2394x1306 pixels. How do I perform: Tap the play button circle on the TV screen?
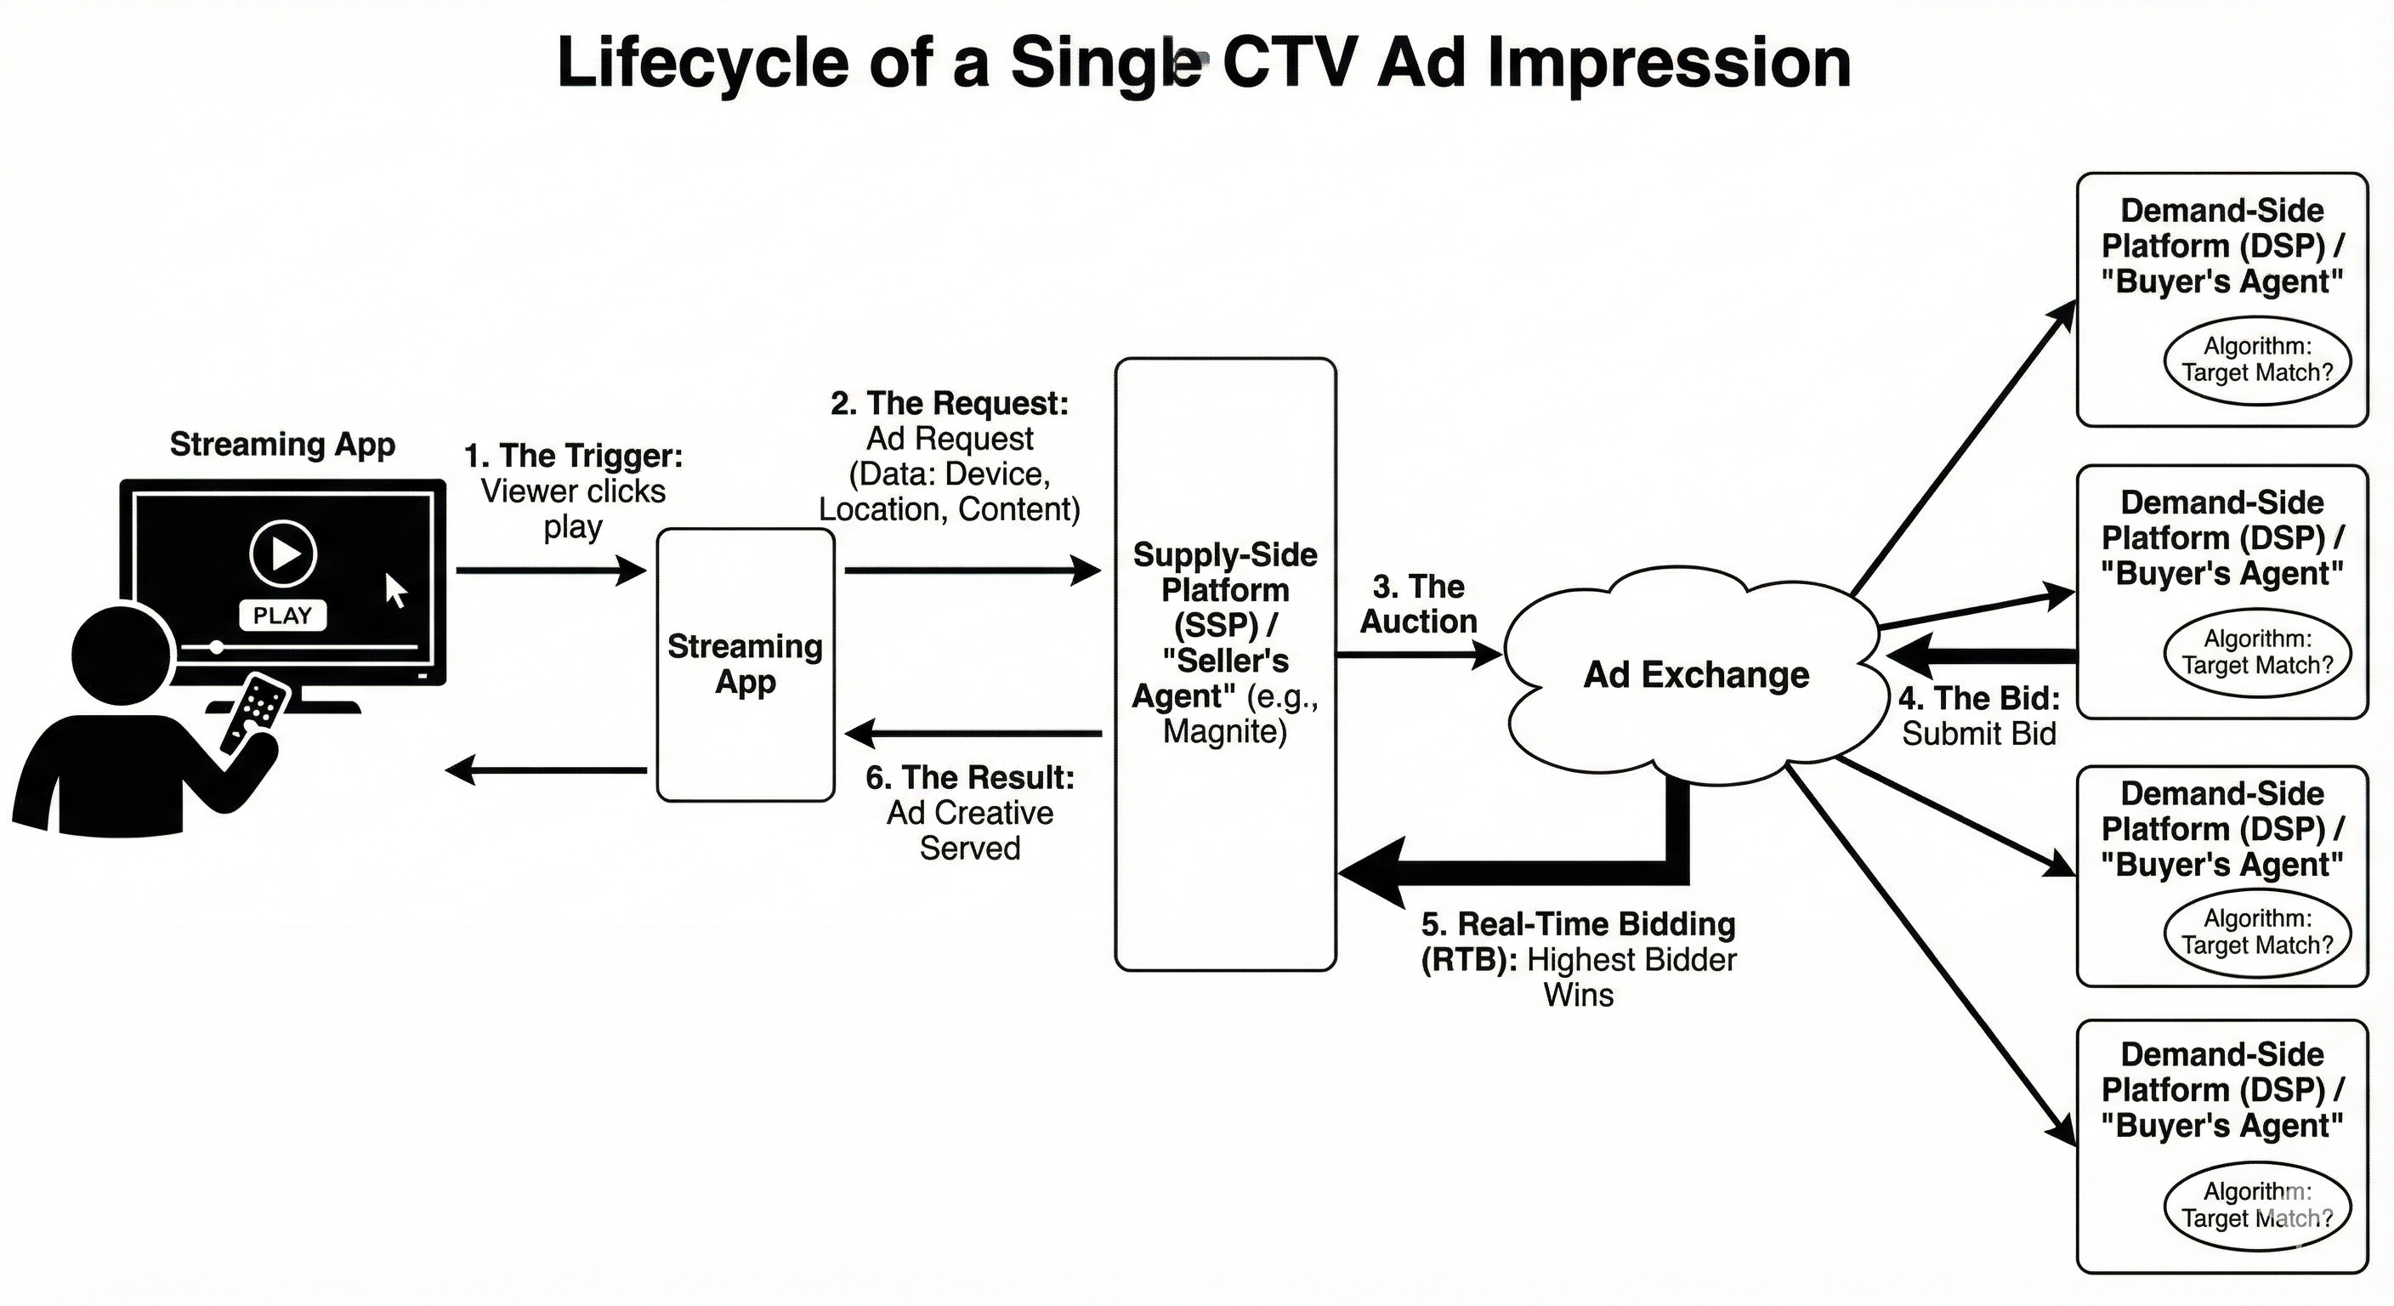point(283,554)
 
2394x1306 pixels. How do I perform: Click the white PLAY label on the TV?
point(282,616)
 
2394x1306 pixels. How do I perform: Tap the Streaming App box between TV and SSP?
point(746,664)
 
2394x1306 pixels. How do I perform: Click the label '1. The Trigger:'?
point(573,456)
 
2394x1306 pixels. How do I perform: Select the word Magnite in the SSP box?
point(1225,731)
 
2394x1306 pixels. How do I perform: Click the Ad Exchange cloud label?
point(1696,675)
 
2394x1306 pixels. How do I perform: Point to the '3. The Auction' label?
point(1418,605)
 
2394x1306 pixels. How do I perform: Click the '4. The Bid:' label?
point(1978,698)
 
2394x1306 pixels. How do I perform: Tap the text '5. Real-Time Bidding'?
point(1578,924)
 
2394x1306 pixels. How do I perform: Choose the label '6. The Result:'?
point(969,777)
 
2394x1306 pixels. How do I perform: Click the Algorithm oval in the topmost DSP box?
point(2256,360)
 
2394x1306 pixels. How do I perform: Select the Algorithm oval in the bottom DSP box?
point(2256,1205)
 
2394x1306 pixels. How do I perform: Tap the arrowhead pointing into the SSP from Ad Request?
point(1086,570)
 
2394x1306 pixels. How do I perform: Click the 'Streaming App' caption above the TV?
point(282,445)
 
